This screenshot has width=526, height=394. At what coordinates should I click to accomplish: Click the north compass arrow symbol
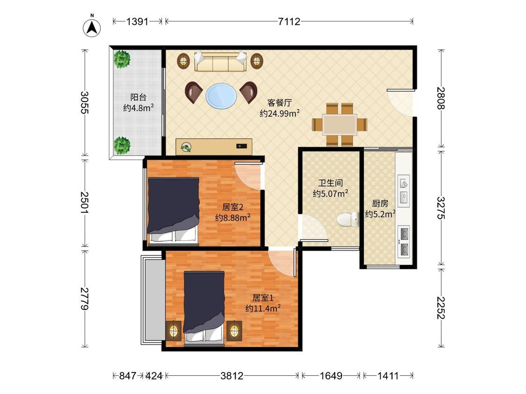[x=92, y=27]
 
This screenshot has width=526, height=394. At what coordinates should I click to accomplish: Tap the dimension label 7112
[x=289, y=22]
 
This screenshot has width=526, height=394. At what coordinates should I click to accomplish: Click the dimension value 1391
[x=137, y=22]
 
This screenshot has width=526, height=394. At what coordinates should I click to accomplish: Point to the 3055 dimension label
[x=85, y=103]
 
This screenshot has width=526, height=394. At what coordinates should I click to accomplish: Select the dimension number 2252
[x=441, y=308]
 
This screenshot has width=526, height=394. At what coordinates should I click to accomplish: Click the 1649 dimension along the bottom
[x=331, y=376]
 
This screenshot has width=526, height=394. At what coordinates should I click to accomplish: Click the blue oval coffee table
[x=222, y=96]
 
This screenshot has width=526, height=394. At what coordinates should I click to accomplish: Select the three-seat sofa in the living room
[x=220, y=61]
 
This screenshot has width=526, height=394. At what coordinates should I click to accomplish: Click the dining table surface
[x=339, y=125]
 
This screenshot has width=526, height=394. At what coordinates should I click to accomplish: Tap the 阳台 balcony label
[x=138, y=98]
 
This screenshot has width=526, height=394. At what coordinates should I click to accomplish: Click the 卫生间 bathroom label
[x=331, y=183]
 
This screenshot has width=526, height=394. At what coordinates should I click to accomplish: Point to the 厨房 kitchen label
[x=380, y=204]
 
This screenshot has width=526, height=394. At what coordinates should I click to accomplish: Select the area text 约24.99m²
[x=280, y=113]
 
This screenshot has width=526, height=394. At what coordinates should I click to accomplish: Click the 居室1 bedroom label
[x=263, y=297]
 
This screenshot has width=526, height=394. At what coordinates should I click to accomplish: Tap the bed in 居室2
[x=173, y=211]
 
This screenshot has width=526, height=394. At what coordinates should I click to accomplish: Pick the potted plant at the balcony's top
[x=122, y=59]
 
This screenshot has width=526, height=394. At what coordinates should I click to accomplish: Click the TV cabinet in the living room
[x=214, y=147]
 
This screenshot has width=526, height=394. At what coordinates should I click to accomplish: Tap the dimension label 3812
[x=232, y=376]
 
